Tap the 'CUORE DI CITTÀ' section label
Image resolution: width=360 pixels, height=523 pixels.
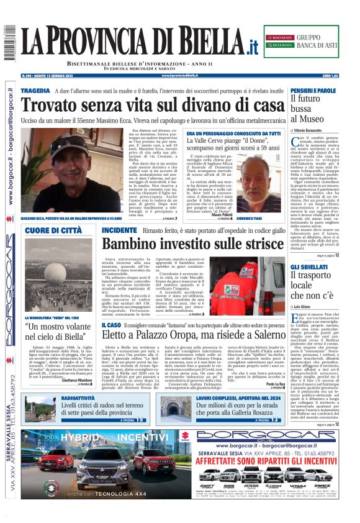coord(53,230)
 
